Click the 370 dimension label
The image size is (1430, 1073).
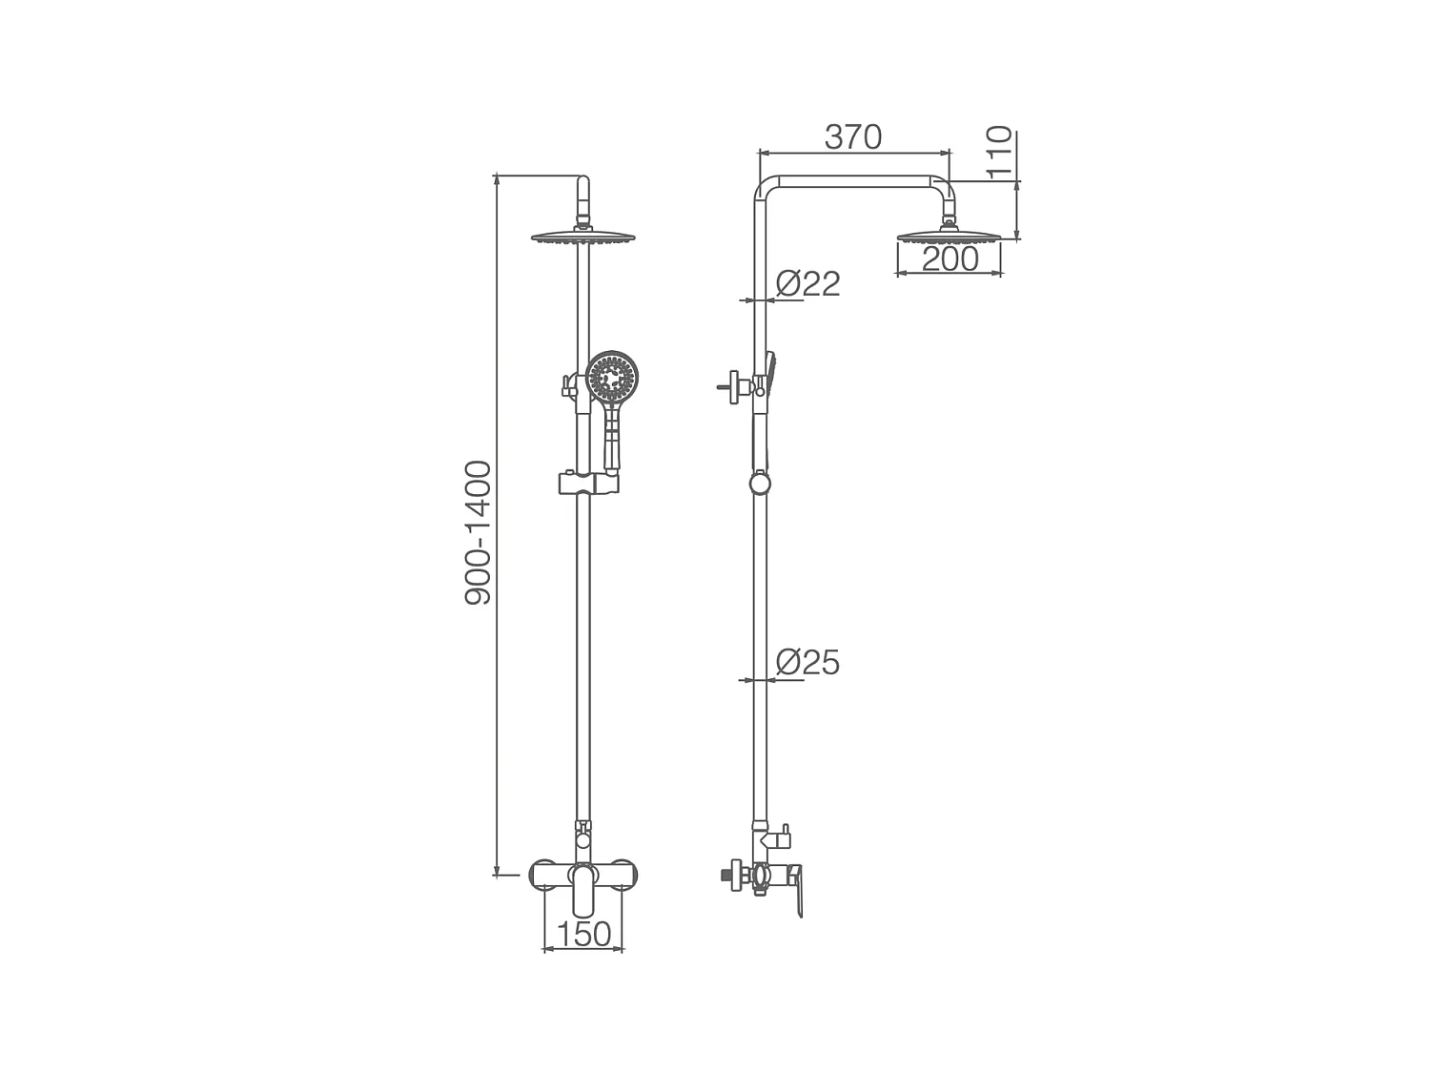(853, 136)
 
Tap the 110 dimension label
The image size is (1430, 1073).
(999, 153)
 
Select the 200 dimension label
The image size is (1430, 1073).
(950, 258)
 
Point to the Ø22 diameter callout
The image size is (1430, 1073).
(807, 283)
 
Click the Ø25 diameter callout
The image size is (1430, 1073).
(807, 663)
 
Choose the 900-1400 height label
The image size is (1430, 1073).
(478, 533)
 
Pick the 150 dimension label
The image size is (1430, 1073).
(583, 934)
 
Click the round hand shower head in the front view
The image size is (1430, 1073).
(612, 378)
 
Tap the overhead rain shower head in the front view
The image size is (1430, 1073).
(583, 237)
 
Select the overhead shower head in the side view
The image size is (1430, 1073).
(949, 236)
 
